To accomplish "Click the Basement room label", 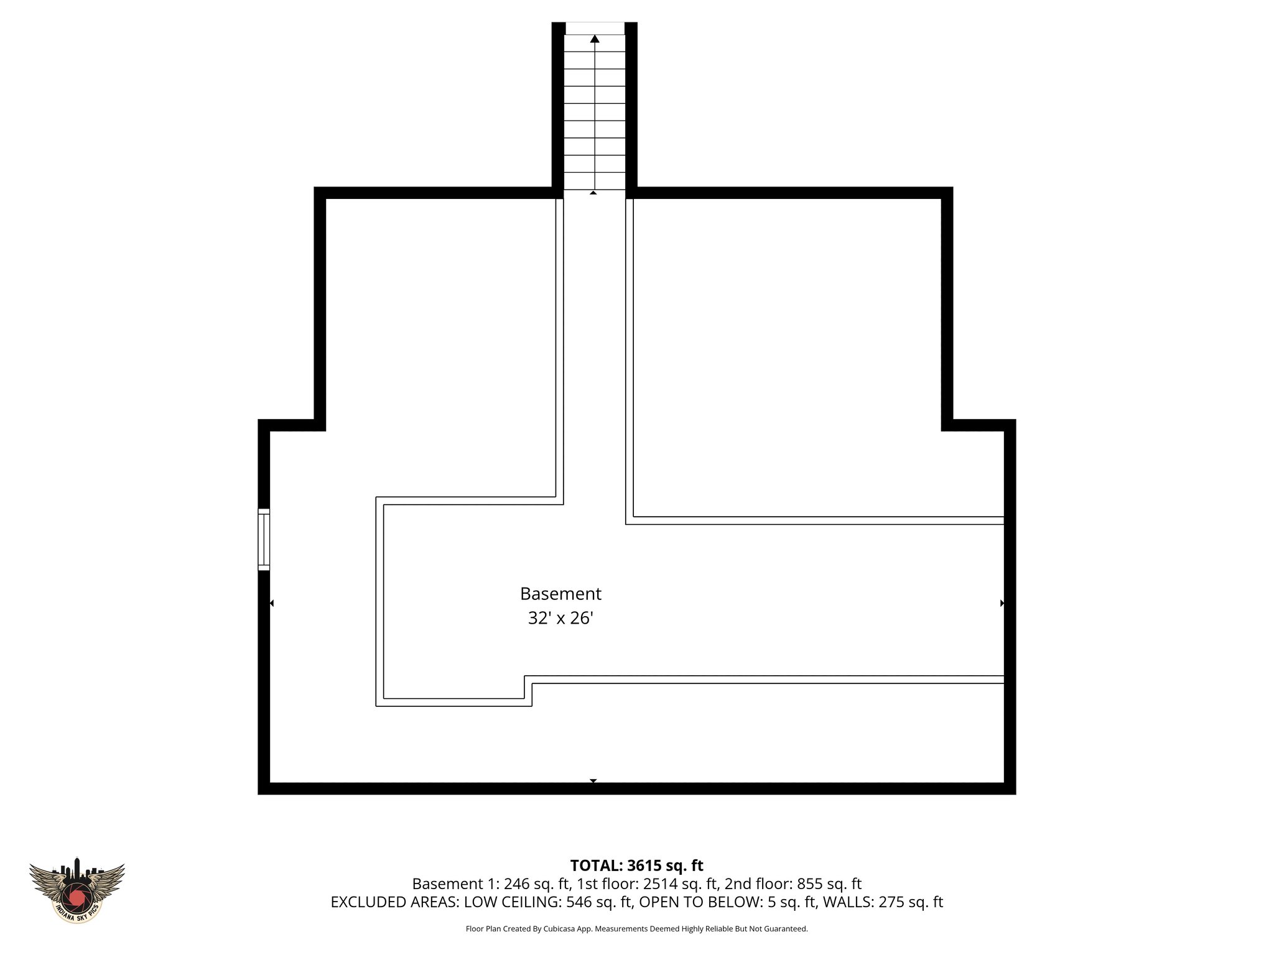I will coord(560,594).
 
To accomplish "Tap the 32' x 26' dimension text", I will coord(560,619).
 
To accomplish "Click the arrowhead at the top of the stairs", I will coord(595,39).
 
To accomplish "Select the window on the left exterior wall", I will coord(264,539).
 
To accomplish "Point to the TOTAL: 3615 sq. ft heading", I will coord(636,865).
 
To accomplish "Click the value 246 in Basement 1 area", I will coord(516,883).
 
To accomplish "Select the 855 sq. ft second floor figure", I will coord(829,883).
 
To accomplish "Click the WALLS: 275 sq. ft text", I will coord(883,902).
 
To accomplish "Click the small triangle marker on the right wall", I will coord(1002,603).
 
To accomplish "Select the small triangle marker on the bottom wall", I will coord(593,780).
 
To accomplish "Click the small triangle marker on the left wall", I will coord(271,603).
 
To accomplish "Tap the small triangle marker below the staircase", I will coord(593,193).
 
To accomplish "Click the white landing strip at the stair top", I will coord(595,29).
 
